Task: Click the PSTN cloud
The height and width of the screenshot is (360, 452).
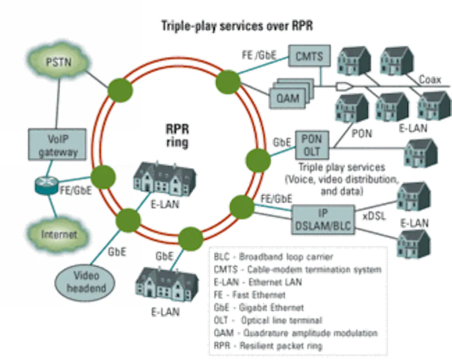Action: [59, 62]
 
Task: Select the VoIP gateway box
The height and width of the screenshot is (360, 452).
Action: [57, 144]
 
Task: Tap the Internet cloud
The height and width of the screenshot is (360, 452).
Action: [58, 235]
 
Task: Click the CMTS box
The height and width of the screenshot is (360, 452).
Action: [309, 56]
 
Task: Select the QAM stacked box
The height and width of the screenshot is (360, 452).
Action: [291, 93]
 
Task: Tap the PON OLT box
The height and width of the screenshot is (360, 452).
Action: [312, 145]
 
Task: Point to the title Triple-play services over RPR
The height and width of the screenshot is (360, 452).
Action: [237, 26]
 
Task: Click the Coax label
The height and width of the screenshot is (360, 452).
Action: [429, 79]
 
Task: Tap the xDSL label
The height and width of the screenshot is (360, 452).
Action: [374, 216]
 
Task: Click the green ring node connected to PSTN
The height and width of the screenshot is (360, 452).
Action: [120, 90]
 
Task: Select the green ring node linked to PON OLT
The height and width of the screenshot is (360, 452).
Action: [258, 160]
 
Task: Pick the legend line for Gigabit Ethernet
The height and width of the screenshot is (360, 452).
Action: [259, 308]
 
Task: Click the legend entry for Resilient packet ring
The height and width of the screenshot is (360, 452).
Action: [268, 346]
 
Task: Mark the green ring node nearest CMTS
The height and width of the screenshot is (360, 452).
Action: [228, 82]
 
